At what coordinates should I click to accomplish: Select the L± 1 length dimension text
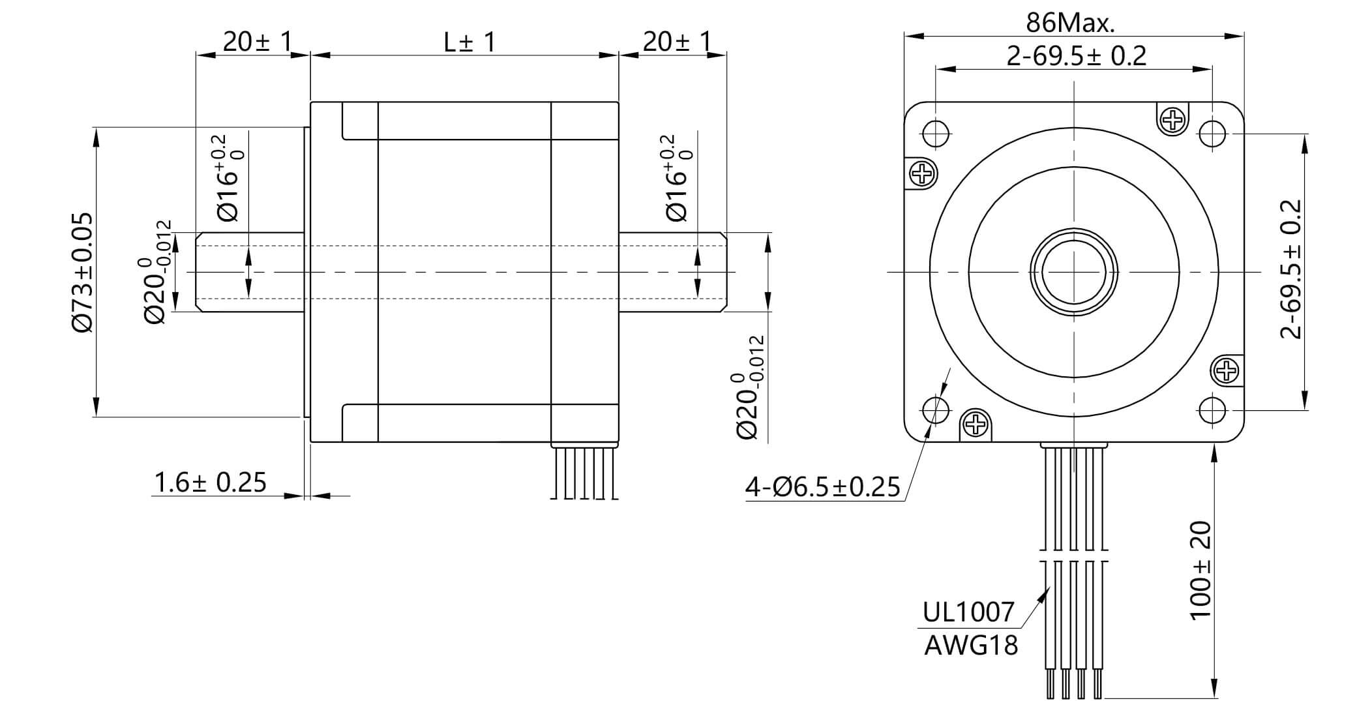point(470,42)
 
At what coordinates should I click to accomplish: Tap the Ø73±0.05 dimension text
point(83,273)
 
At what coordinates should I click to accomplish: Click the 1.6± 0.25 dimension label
point(210,483)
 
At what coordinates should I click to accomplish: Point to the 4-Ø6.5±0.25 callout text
point(822,487)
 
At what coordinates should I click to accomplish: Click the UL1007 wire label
point(968,612)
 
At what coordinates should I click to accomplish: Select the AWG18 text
point(971,646)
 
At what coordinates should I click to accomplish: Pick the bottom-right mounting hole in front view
point(1212,410)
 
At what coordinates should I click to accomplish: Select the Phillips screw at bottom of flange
point(976,425)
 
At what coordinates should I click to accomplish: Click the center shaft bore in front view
point(1074,272)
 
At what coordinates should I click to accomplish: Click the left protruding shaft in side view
point(251,272)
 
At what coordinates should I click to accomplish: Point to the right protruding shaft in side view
point(672,272)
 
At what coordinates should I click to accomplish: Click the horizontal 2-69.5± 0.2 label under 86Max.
point(1076,56)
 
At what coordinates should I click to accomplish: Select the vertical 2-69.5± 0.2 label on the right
point(1291,269)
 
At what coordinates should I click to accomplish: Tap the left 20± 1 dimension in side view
point(257,42)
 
